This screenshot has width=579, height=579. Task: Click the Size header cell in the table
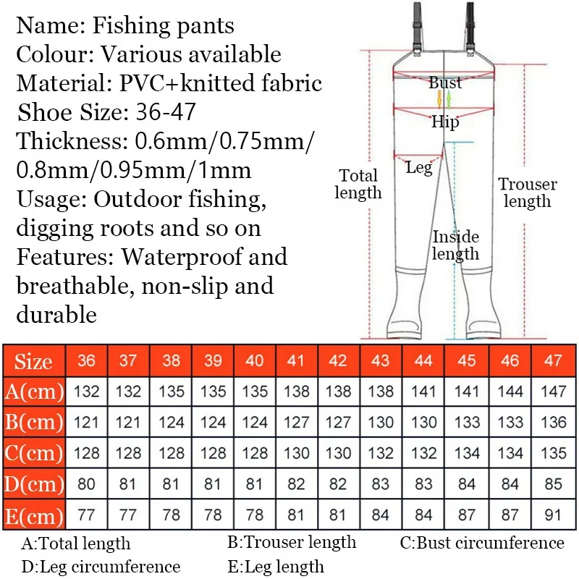pyautogui.click(x=34, y=360)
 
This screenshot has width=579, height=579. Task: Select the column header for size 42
pyautogui.click(x=338, y=360)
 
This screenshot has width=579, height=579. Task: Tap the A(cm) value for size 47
pyautogui.click(x=553, y=392)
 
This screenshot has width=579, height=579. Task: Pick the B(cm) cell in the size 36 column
pyautogui.click(x=86, y=422)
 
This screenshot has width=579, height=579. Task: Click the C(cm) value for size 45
pyautogui.click(x=467, y=453)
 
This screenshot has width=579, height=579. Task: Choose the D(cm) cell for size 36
pyautogui.click(x=86, y=483)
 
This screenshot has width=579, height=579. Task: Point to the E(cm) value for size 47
pyautogui.click(x=553, y=515)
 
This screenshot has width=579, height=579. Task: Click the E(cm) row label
pyautogui.click(x=34, y=515)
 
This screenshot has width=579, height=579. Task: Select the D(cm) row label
pyautogui.click(x=34, y=483)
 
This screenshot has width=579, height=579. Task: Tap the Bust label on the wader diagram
pyautogui.click(x=445, y=83)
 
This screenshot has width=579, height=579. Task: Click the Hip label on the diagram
pyautogui.click(x=445, y=122)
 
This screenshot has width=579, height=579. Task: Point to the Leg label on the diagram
pyautogui.click(x=419, y=168)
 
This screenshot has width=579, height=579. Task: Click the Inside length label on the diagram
pyautogui.click(x=456, y=245)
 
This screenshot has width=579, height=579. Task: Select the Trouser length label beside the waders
pyautogui.click(x=528, y=193)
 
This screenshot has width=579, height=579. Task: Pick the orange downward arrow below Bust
pyautogui.click(x=439, y=99)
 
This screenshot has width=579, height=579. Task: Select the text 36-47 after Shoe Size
pyautogui.click(x=166, y=112)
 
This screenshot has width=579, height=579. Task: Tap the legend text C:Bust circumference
pyautogui.click(x=482, y=543)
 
